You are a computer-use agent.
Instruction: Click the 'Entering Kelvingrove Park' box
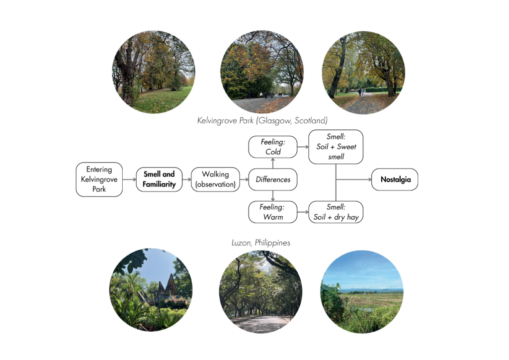99,179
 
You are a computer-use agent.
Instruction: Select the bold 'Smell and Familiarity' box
159,179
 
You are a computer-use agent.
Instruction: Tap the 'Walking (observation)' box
215,179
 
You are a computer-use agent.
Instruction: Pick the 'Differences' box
273,179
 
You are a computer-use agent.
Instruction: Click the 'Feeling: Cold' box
273,147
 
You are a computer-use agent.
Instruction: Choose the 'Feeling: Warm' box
273,212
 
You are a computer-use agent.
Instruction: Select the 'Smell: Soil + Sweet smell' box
336,147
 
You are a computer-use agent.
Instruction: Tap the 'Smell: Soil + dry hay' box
336,212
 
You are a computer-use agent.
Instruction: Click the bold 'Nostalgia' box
395,179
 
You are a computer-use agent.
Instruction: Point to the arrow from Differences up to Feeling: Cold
273,163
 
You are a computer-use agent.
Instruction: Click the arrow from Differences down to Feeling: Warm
273,195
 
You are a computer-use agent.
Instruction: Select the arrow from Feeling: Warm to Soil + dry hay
303,212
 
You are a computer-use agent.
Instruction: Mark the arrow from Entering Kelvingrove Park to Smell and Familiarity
129,179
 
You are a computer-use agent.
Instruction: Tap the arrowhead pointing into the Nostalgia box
370,179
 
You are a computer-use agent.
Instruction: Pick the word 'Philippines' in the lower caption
272,243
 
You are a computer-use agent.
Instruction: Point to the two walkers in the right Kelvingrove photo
361,92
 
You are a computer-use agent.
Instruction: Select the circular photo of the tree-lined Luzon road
260,291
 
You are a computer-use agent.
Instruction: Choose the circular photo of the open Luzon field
362,291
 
